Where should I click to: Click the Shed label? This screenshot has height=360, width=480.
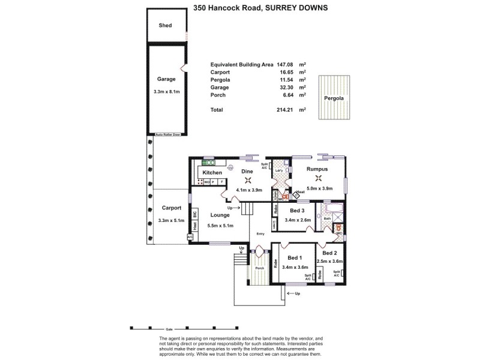pos(165,26)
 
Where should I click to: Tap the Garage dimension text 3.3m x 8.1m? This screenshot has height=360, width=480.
pos(166,92)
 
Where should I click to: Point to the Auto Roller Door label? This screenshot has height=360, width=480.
pos(167,134)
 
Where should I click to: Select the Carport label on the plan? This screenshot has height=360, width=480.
pos(172,208)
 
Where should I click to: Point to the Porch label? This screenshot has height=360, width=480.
pos(259,268)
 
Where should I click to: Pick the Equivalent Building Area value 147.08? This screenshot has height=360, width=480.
pos(285,64)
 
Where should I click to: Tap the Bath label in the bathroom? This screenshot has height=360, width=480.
pos(327,219)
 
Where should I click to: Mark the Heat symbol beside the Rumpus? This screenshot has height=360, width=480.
pos(296,195)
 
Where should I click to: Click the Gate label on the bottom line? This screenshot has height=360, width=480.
pos(169,329)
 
